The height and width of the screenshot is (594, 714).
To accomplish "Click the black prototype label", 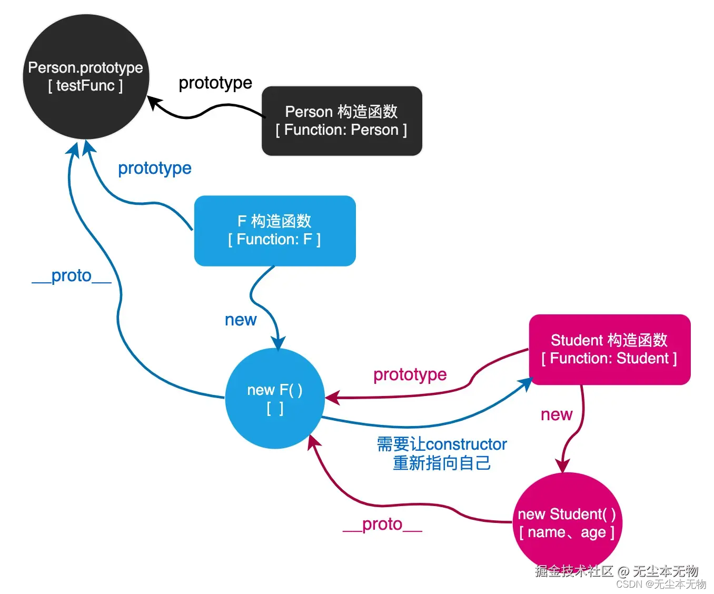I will click(215, 83).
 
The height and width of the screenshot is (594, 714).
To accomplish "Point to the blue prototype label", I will click(154, 168).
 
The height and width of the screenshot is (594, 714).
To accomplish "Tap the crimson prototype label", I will click(410, 374).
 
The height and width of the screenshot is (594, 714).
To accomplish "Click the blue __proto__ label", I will click(72, 275).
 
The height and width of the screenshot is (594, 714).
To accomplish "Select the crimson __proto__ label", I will click(382, 524).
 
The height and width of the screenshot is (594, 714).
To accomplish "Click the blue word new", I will click(241, 320).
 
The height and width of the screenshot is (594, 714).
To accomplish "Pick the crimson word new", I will click(557, 414).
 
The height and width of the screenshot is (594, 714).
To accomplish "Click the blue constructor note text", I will click(442, 453).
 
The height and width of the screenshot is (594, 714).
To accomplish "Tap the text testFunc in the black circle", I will click(85, 86).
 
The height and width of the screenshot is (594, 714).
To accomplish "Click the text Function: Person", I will click(341, 130).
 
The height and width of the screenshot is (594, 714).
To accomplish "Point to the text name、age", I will click(567, 532).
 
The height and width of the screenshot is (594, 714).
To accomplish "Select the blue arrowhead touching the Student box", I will click(527, 383).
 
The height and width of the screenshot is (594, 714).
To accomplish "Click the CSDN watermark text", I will click(660, 584).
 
